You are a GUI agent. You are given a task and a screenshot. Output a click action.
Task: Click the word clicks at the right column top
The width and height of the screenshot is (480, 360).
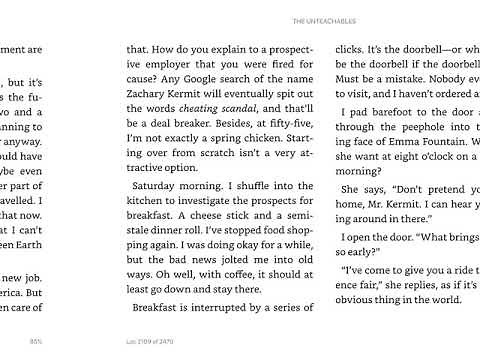pos(350,47)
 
